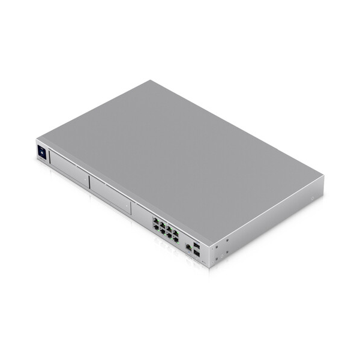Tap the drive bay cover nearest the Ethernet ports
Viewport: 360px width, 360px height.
click(x=109, y=196)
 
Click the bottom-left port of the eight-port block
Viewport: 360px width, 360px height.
click(x=155, y=227)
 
